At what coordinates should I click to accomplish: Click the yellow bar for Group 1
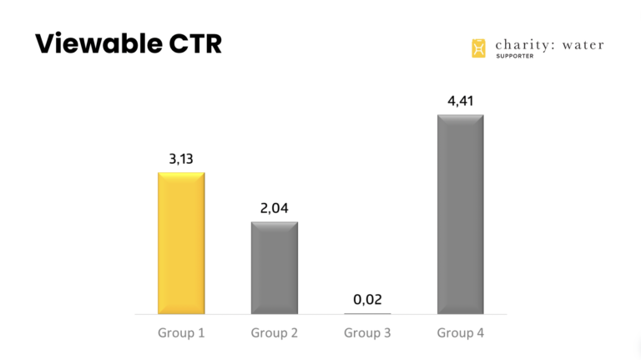[x=181, y=243]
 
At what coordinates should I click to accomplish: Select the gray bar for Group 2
[x=275, y=267]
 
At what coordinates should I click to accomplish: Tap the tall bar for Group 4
[x=460, y=214]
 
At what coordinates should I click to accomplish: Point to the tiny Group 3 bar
[x=367, y=313]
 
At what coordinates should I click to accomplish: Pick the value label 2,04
[x=275, y=209]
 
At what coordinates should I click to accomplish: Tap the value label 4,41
[x=460, y=101]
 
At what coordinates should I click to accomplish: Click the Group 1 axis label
[x=181, y=333]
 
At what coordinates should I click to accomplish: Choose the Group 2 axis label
[x=275, y=333]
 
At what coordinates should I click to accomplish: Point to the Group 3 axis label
[x=367, y=333]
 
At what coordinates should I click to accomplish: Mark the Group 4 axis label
[x=460, y=333]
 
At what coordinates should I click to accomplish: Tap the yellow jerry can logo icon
[x=478, y=48]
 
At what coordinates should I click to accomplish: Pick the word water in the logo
[x=581, y=44]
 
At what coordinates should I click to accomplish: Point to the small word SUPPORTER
[x=515, y=57]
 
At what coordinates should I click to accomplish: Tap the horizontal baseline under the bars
[x=320, y=315]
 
